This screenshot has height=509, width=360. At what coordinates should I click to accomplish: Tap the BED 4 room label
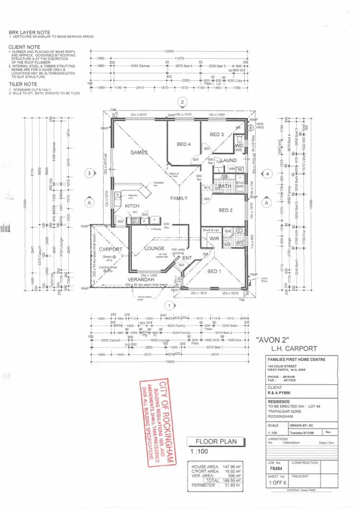pos(184,144)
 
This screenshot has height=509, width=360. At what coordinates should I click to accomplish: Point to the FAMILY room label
pos(179,198)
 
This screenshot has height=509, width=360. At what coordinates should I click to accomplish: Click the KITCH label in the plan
pos(132,206)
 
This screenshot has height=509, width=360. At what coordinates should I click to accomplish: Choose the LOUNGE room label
pos(155,249)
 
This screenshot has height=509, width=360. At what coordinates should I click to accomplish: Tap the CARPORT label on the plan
pos(111,249)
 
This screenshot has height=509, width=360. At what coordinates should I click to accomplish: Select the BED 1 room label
pos(214,271)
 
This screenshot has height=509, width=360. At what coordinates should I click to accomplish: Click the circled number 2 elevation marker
pos(182,101)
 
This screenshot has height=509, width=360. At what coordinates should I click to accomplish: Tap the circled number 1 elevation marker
pos(168,305)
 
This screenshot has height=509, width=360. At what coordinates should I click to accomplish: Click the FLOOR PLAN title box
pos(216,442)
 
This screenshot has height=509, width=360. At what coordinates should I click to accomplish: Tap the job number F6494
pos(274,470)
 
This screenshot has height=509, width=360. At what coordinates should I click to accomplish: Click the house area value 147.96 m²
pos(231,466)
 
